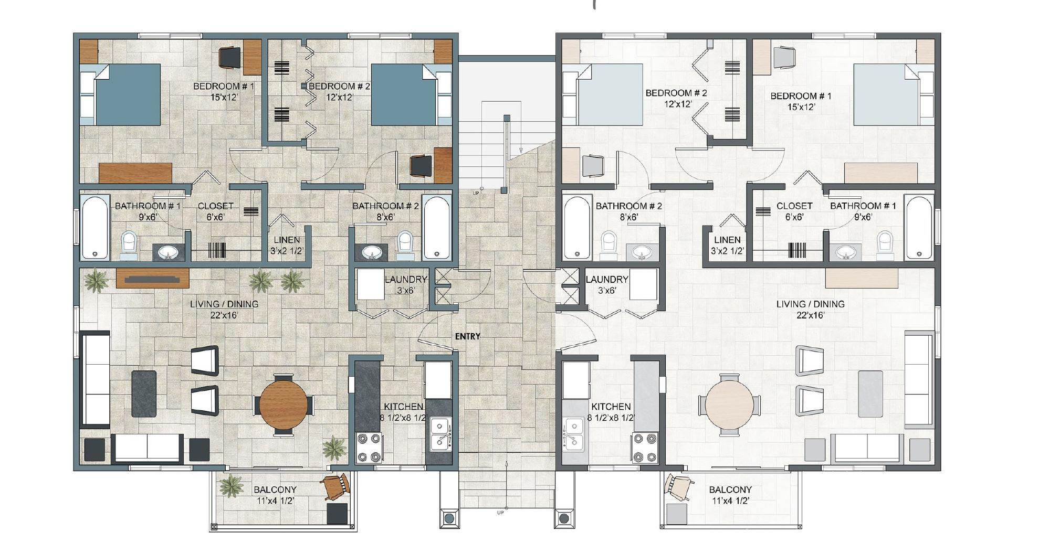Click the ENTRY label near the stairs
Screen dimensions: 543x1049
(x=467, y=336)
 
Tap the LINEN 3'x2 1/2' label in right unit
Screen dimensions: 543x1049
(x=727, y=246)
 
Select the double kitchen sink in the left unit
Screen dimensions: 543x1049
(x=440, y=435)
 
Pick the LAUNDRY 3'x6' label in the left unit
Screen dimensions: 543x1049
(x=405, y=284)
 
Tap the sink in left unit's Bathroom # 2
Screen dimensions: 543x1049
(x=372, y=253)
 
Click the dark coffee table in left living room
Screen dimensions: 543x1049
(x=144, y=394)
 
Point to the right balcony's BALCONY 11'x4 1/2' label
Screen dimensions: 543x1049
(x=730, y=495)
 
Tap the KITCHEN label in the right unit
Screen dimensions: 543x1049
(x=611, y=407)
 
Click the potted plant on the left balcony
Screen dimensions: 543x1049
(x=231, y=485)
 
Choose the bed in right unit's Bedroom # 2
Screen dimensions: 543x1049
(x=609, y=95)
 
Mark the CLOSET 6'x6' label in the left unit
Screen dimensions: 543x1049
(x=215, y=211)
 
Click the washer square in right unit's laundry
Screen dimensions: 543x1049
(x=643, y=284)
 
